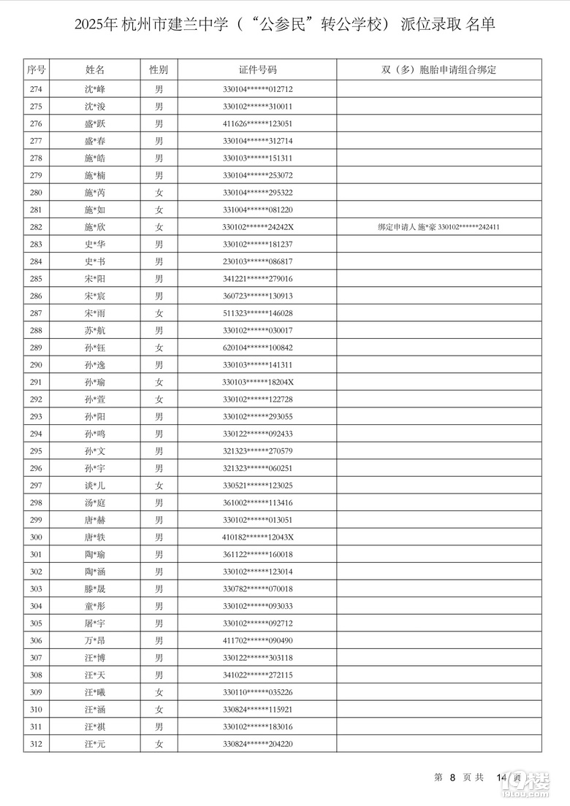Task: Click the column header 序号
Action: [x=37, y=70]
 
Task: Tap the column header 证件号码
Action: [x=258, y=70]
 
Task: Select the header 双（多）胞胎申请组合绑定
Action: [x=438, y=70]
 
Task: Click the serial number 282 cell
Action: [x=37, y=227]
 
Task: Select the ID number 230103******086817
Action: [x=258, y=261]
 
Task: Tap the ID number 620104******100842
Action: [x=258, y=348]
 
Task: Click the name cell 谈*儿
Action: [x=95, y=485]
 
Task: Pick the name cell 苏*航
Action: [x=95, y=331]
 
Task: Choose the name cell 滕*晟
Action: [x=95, y=588]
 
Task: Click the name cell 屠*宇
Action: [x=95, y=623]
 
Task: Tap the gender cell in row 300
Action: [x=159, y=537]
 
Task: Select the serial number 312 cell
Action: [x=37, y=744]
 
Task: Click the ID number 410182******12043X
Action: [x=258, y=537]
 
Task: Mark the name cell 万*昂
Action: [x=95, y=640]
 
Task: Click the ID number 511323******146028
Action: [x=258, y=313]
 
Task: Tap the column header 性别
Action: [x=159, y=70]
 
